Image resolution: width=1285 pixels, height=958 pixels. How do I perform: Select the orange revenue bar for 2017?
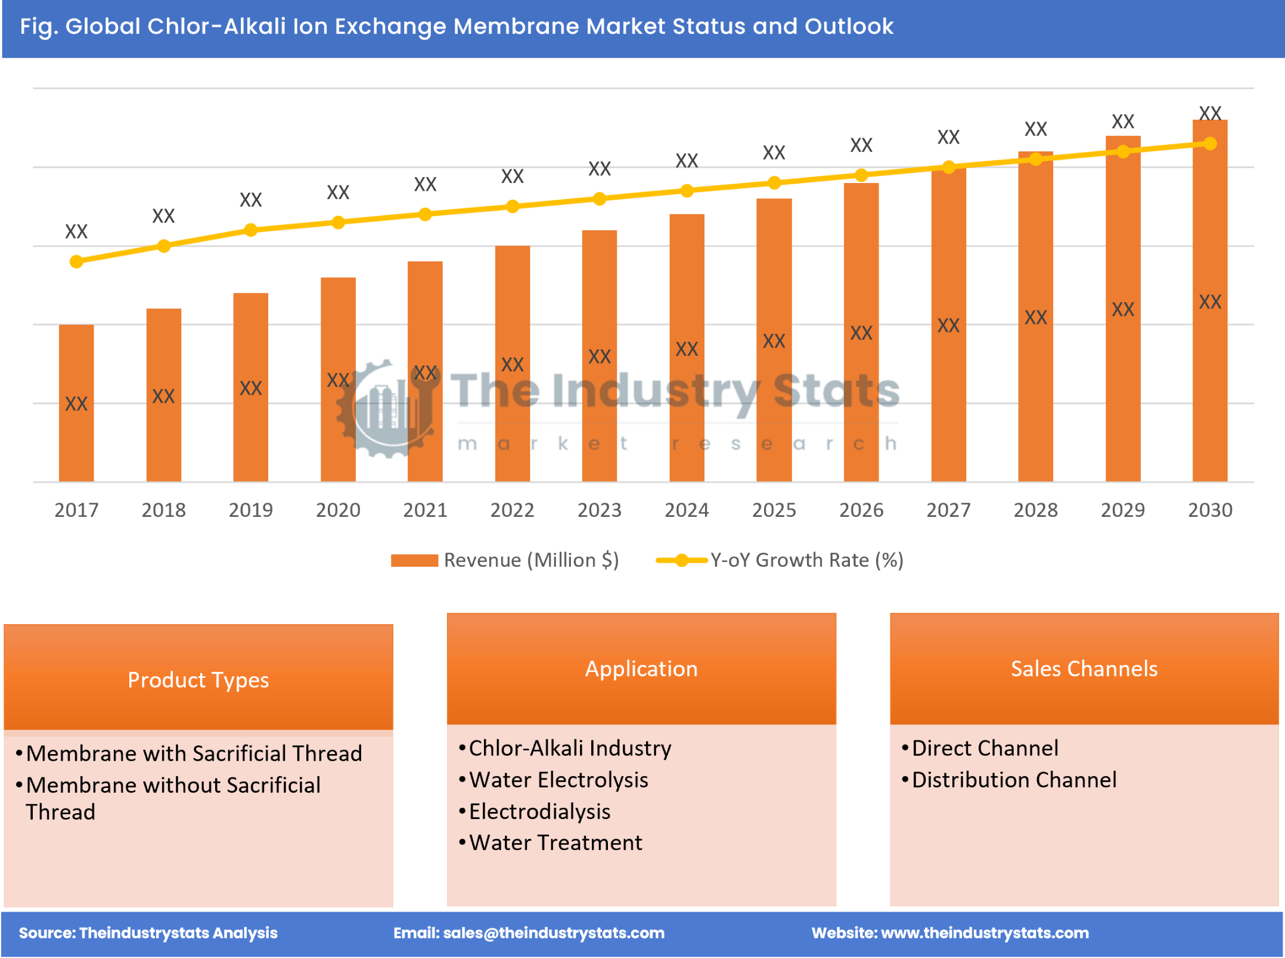(76, 403)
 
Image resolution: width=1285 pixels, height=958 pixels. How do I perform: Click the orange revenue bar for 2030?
(1209, 301)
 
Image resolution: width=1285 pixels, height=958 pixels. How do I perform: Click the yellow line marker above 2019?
(251, 230)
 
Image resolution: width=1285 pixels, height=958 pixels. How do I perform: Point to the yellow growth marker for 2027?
(949, 168)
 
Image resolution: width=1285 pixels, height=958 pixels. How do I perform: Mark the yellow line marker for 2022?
(512, 206)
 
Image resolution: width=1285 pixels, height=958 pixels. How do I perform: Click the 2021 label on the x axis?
(425, 510)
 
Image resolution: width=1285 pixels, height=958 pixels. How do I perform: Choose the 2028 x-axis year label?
(1035, 510)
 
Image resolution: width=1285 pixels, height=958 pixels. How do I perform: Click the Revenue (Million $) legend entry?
(505, 560)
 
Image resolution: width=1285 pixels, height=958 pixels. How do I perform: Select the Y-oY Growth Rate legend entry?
(780, 560)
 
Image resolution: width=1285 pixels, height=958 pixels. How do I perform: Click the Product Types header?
(198, 680)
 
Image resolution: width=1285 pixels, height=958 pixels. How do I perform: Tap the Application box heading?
(641, 669)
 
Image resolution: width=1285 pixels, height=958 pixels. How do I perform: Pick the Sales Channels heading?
(1084, 669)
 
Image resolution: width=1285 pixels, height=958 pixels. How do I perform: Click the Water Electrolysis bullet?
(558, 780)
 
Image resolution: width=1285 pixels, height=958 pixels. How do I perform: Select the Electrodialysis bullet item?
(539, 811)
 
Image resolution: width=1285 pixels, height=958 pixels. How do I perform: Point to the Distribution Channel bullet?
(1014, 780)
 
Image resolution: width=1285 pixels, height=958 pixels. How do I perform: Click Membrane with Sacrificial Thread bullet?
(194, 754)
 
